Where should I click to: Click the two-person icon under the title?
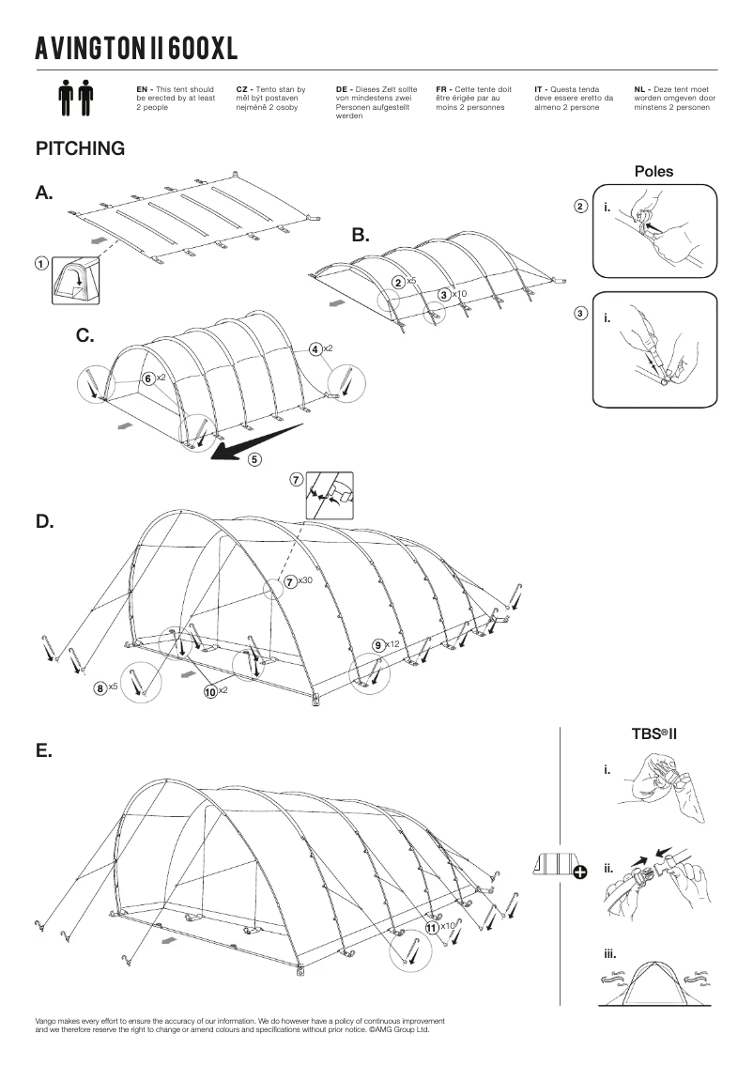[x=77, y=99]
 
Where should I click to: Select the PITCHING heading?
[x=80, y=148]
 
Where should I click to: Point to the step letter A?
[x=44, y=193]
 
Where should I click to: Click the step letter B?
[x=361, y=235]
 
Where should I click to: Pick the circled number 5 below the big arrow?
[x=255, y=459]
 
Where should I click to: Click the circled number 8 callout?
[x=100, y=688]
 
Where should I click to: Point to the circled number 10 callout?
[x=210, y=691]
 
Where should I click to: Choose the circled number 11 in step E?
[x=432, y=926]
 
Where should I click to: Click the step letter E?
[x=43, y=751]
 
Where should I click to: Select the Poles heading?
[x=653, y=172]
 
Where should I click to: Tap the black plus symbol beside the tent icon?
[x=579, y=872]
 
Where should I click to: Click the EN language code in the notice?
[x=142, y=88]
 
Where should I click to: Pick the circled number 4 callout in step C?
[x=316, y=349]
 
